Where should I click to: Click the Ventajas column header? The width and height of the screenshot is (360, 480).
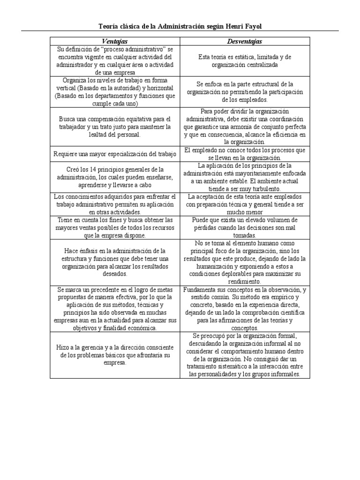point(115,41)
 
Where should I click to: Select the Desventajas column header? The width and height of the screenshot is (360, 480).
point(245,41)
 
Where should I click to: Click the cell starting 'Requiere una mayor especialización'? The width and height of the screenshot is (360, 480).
point(115,154)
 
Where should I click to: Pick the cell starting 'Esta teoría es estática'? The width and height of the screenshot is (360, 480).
point(245,60)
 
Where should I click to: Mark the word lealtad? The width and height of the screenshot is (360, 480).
point(87,134)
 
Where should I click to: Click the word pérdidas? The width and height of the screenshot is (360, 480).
point(206,227)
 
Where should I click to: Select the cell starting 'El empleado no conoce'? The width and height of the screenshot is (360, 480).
point(245,154)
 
